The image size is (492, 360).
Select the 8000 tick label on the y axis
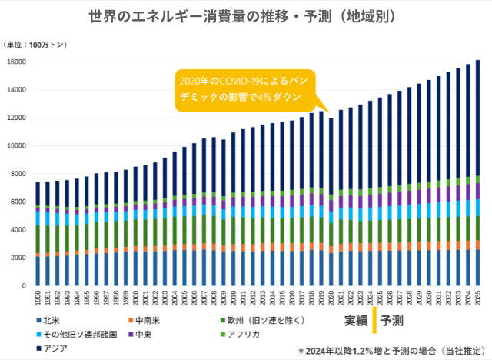[22, 174]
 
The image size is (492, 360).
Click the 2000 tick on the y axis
[22, 258]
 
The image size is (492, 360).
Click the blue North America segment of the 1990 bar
[38, 271]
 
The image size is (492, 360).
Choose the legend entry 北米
[51, 320]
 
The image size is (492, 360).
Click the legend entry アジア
[55, 348]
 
